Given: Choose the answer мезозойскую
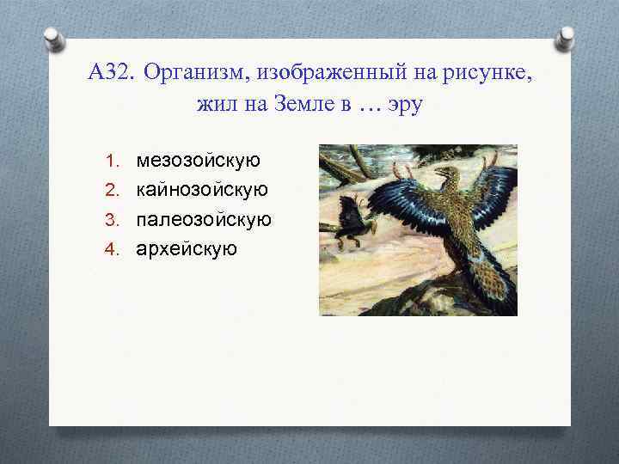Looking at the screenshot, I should tap(199, 161).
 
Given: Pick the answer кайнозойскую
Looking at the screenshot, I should tap(202, 190).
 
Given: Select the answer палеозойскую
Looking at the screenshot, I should tap(204, 219).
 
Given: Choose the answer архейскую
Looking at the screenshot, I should tap(187, 248).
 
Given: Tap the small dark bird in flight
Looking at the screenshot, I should tap(353, 220).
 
